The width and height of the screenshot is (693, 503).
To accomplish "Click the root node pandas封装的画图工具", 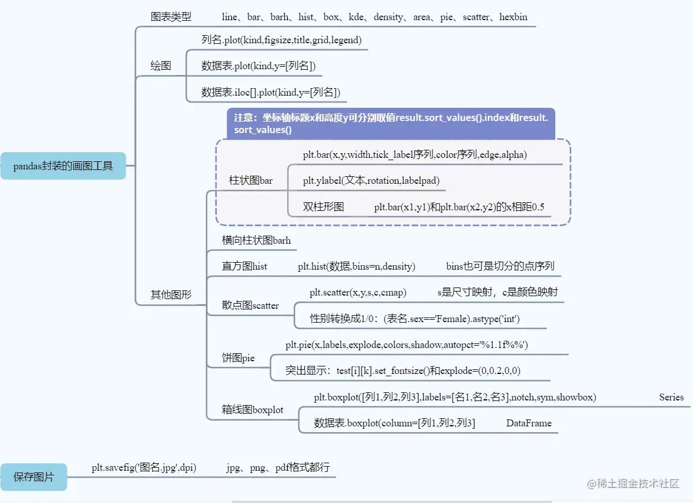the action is (63, 166).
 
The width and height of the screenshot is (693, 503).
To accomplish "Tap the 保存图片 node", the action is (33, 476).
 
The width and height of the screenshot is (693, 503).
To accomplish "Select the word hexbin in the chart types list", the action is (513, 17).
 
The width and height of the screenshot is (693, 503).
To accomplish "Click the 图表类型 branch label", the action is (171, 17).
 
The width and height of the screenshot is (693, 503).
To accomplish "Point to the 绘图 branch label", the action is (161, 66).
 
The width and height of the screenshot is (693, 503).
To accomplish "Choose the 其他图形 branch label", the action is (171, 294).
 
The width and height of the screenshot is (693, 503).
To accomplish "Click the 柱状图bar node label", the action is (251, 180).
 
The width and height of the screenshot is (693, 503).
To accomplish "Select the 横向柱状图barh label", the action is (256, 240).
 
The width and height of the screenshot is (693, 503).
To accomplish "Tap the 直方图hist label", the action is (244, 266).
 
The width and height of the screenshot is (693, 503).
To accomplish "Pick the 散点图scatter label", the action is (250, 305).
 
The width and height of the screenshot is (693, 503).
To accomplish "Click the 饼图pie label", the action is (238, 358).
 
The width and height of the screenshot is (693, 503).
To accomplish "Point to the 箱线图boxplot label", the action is (253, 410).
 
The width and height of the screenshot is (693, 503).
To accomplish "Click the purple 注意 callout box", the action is (391, 124).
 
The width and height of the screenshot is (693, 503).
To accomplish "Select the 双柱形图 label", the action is (323, 206).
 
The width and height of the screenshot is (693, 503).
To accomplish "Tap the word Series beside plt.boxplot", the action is (671, 397).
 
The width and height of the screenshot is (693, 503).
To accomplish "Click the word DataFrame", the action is (529, 423).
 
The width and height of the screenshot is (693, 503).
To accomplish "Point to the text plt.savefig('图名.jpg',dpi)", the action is (144, 467).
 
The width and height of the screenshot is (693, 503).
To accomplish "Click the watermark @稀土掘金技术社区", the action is (633, 483).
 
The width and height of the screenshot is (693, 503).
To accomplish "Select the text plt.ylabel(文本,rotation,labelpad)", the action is (371, 180).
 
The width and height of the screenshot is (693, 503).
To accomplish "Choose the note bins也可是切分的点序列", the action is (500, 266).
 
